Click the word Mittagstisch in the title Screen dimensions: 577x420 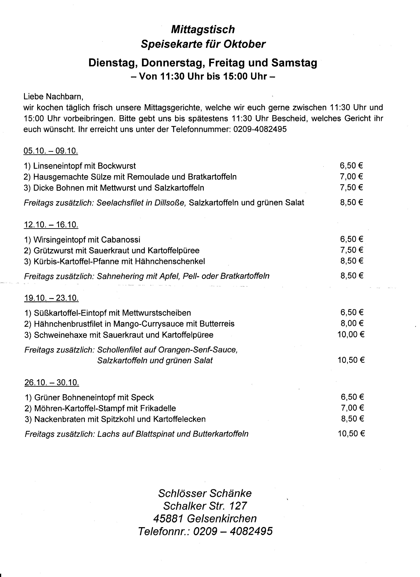pyautogui.click(x=203, y=29)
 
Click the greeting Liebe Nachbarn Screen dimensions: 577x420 pyautogui.click(x=53, y=97)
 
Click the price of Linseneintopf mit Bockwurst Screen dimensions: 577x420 pyautogui.click(x=351, y=166)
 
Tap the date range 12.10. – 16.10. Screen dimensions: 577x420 pyautogui.click(x=51, y=225)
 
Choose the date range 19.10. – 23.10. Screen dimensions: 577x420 pyautogui.click(x=51, y=298)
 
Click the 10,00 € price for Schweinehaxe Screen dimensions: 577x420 pyautogui.click(x=351, y=334)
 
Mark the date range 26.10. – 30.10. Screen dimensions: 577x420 pyautogui.click(x=52, y=383)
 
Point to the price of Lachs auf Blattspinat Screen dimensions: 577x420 pyautogui.click(x=351, y=434)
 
